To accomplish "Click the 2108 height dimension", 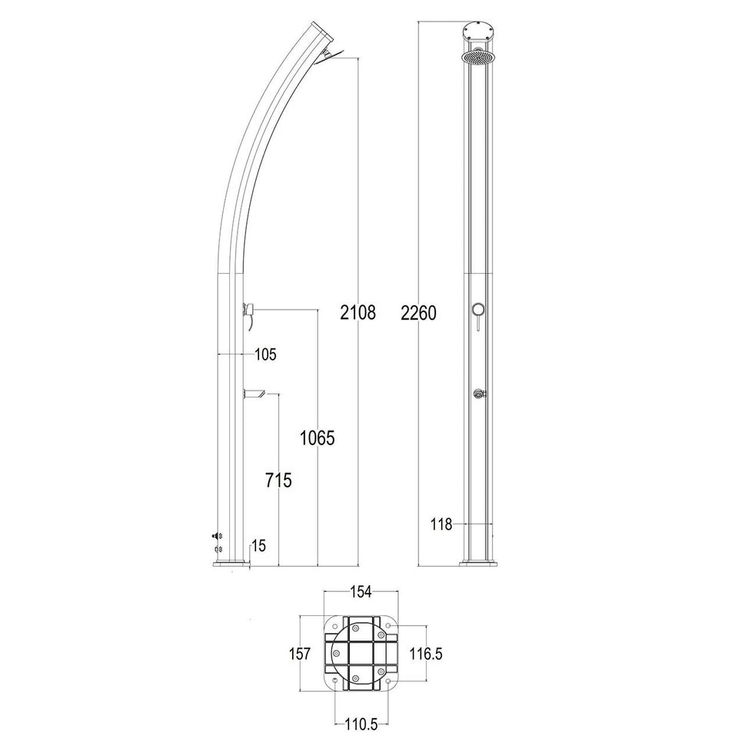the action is pos(358,313).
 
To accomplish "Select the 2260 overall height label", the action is pos(418,313).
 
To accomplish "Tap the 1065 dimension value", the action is pos(317,437).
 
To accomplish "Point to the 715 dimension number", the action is pos(278,481).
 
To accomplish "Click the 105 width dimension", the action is pos(265,354).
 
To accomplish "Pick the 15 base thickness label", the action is pos(259,546).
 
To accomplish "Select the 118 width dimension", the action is pos(441,524).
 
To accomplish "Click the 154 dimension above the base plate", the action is pos(361,592).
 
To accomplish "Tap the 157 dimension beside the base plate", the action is pos(300,654).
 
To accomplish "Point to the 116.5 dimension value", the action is pos(426,654).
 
